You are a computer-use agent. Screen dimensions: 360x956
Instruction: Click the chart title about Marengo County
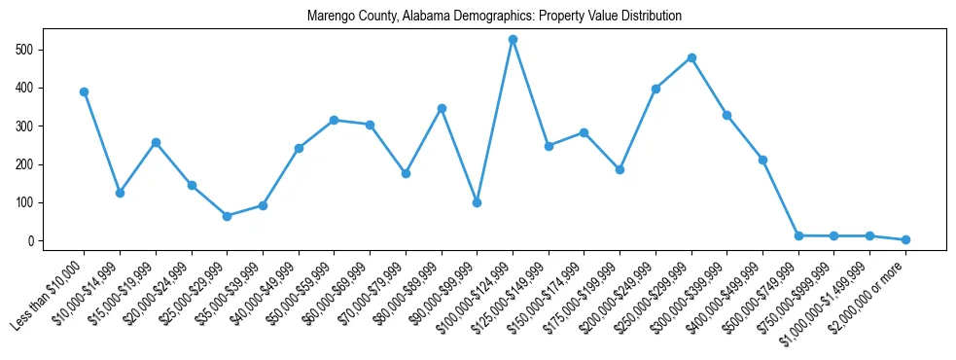494,17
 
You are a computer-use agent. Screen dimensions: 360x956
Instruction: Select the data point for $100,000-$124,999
513,40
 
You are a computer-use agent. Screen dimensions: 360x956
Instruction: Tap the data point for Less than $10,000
84,92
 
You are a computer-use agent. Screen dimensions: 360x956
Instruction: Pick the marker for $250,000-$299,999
691,58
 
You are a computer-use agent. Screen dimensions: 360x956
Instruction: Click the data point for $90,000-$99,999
477,202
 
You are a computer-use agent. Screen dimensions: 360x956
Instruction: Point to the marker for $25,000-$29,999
227,216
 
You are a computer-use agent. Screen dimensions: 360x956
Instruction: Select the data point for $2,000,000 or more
905,239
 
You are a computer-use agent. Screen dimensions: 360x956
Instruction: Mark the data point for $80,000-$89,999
442,109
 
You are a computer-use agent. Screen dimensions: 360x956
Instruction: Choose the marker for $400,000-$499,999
762,160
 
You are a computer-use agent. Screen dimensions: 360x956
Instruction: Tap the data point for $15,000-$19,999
156,142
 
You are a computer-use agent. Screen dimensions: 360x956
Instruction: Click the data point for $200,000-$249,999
655,90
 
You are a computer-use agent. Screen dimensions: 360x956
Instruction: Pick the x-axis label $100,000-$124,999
477,296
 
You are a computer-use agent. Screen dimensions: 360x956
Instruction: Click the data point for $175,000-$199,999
620,170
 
